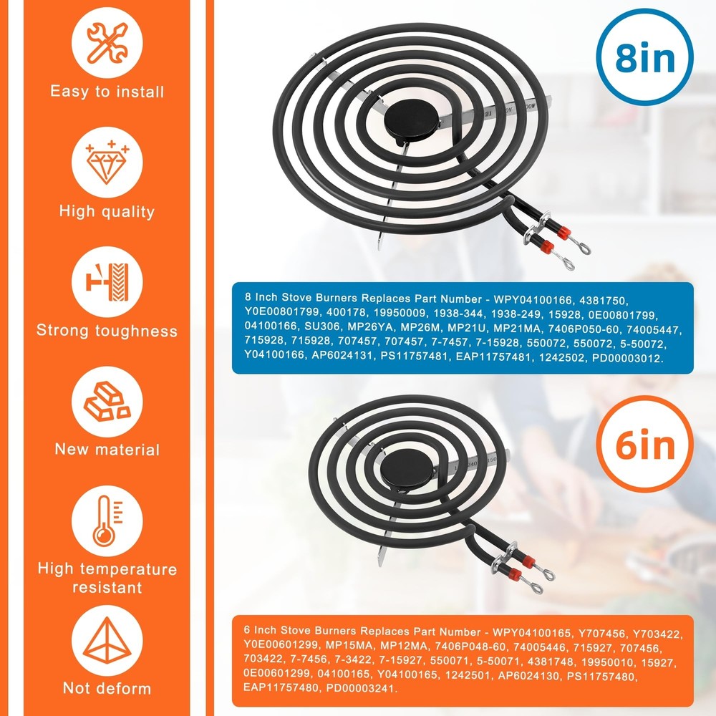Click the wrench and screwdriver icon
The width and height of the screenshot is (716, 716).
107,43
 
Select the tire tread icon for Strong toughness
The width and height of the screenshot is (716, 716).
107,281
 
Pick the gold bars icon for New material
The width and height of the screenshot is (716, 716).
107,402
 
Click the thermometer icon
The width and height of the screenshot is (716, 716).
107,521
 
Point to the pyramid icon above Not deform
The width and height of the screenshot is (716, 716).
107,640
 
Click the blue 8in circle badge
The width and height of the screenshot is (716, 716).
644,57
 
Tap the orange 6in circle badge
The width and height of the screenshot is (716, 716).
644,444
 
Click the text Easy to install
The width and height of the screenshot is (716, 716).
107,92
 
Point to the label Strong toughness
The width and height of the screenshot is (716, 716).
107,330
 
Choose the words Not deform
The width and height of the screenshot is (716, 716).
107,688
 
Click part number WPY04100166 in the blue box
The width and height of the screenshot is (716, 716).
533,300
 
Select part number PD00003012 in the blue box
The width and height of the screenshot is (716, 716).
627,358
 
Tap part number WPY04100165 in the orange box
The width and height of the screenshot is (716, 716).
531,633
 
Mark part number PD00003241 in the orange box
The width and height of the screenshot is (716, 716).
361,687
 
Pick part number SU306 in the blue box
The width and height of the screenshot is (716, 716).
322,326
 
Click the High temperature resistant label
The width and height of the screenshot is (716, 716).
107,578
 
